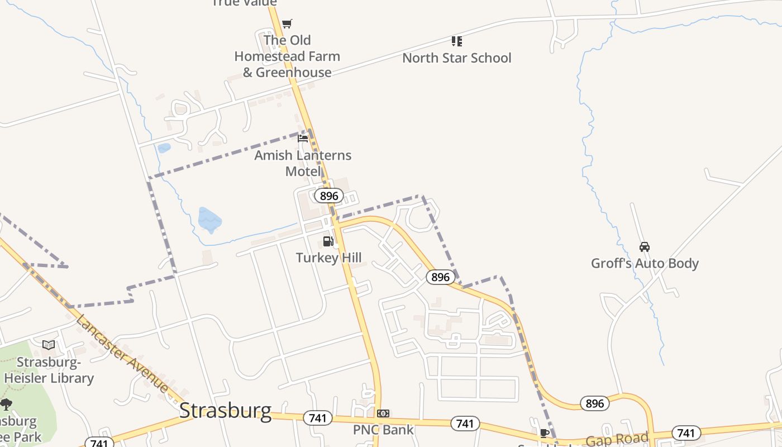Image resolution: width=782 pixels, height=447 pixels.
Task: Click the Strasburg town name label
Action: (225, 411)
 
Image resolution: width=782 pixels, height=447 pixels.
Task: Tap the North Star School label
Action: (456, 58)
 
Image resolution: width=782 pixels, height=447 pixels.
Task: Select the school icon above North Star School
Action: (457, 41)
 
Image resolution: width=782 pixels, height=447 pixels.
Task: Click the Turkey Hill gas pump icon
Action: (328, 241)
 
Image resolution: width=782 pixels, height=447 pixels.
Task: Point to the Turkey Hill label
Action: (328, 258)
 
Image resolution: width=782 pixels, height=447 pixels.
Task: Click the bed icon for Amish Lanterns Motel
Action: (303, 138)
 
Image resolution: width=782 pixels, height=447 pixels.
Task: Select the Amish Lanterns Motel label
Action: (303, 163)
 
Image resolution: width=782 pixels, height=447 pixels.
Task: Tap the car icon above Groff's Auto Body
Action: (645, 246)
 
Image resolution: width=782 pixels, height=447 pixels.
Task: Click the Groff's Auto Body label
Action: (645, 263)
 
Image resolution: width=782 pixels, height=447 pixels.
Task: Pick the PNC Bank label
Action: (383, 430)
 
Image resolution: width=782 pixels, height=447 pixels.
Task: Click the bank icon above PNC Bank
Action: (383, 413)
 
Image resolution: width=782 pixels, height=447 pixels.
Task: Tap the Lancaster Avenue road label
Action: (122, 354)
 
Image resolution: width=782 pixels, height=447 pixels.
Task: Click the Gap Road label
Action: (617, 439)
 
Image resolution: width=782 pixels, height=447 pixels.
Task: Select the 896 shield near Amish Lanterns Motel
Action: (329, 196)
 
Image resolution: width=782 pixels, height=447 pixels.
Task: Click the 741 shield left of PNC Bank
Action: (318, 418)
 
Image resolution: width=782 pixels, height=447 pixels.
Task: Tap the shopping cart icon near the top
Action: (287, 23)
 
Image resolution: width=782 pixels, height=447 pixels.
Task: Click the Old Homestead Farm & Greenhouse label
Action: (287, 56)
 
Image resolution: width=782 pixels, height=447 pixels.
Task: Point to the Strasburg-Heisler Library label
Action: (49, 370)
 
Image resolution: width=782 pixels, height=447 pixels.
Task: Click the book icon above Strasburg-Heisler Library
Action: (49, 345)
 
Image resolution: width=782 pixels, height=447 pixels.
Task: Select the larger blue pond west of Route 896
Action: (209, 220)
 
